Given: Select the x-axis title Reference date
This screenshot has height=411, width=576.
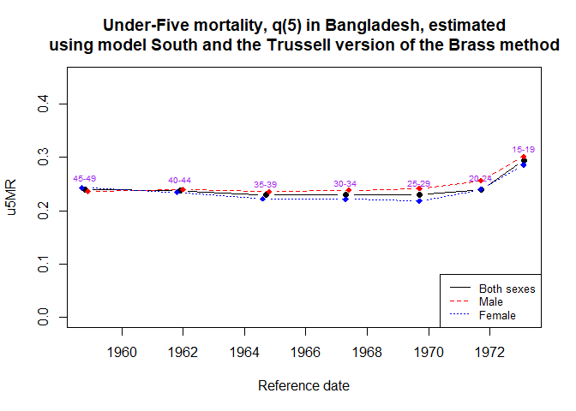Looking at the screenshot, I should click(303, 386).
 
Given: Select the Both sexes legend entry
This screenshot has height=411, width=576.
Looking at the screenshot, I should click(507, 289).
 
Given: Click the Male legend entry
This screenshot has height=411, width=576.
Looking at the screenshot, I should click(491, 302).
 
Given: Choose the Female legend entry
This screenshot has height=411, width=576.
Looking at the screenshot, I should click(497, 316).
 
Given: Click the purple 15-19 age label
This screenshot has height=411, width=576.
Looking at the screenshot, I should click(524, 150).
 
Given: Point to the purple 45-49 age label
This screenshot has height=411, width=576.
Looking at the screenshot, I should click(85, 178).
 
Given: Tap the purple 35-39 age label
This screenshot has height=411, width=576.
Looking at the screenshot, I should click(266, 185).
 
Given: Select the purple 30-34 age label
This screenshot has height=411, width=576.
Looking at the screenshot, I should click(345, 183).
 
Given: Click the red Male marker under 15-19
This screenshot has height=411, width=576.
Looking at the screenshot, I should click(524, 158).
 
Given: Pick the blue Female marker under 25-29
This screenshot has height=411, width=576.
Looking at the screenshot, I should click(419, 201).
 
